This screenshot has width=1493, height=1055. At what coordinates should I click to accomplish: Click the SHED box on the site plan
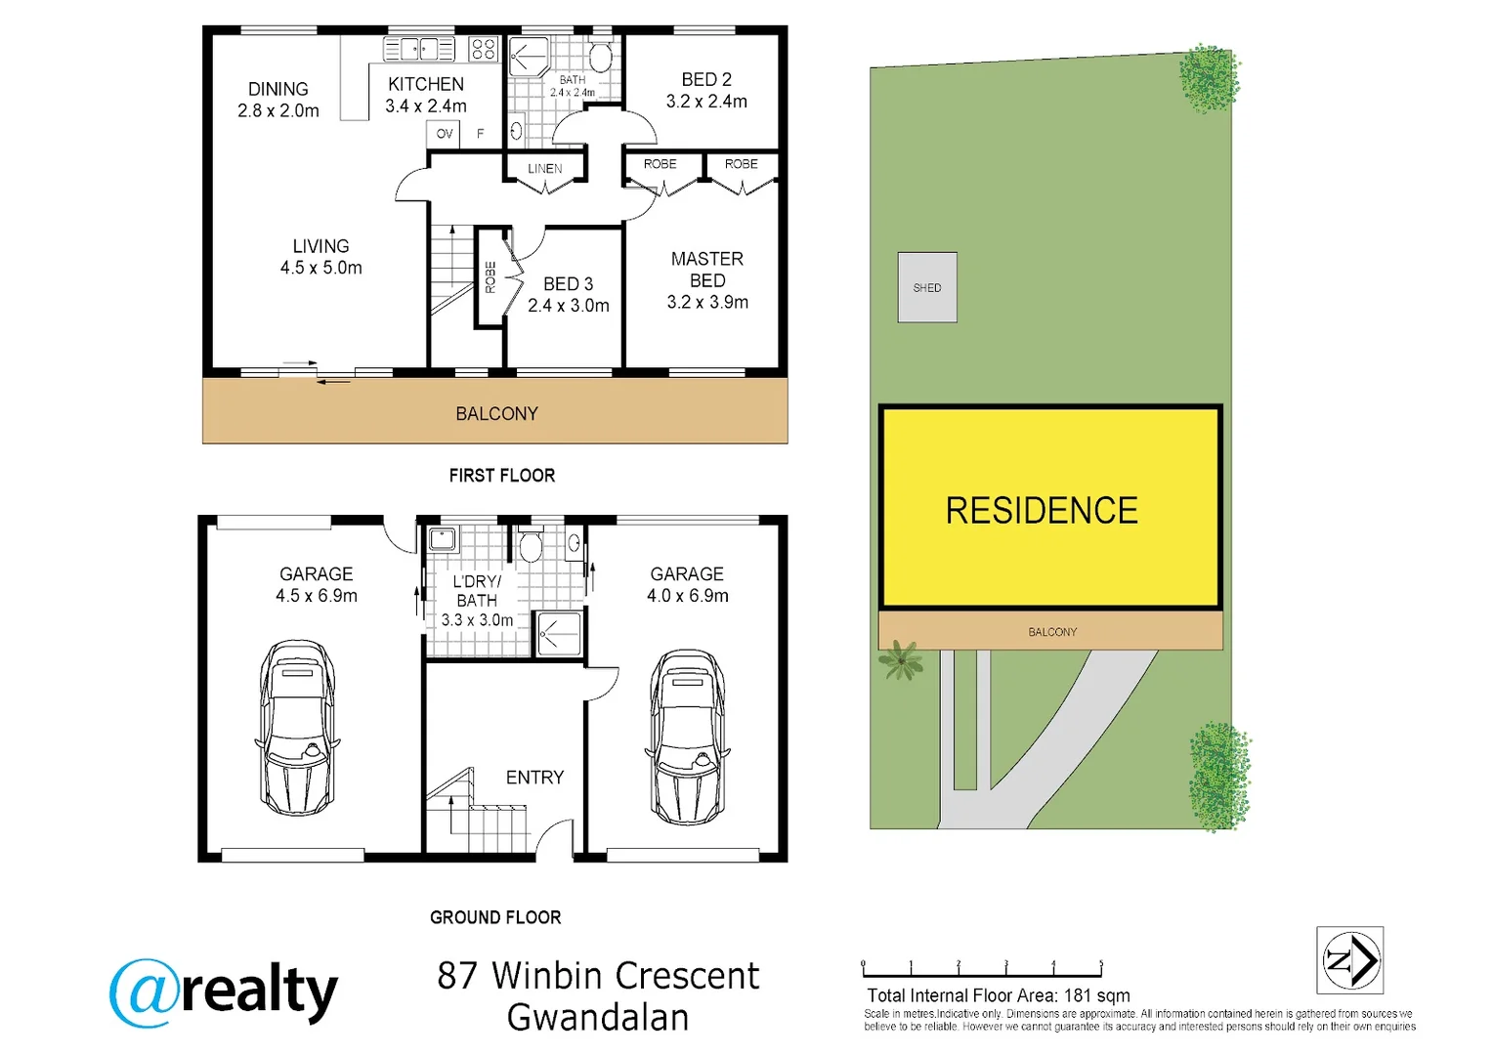(x=927, y=287)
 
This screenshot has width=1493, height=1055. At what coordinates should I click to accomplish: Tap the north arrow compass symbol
(x=1349, y=960)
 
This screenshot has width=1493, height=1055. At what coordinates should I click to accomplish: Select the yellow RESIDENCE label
(x=1042, y=510)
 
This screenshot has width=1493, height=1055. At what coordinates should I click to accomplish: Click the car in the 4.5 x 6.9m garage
(x=297, y=728)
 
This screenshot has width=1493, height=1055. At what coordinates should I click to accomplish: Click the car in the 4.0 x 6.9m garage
(x=687, y=738)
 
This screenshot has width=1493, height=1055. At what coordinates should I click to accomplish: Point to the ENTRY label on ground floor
(x=534, y=778)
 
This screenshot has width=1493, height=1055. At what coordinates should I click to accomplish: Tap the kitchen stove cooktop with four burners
(x=483, y=49)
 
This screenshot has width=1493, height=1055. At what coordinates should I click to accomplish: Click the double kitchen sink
(x=419, y=49)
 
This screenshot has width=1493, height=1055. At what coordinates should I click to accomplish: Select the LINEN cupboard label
(x=544, y=169)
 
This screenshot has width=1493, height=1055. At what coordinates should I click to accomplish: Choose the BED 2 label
(x=705, y=80)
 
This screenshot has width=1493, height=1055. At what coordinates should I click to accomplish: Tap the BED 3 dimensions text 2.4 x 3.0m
(x=568, y=306)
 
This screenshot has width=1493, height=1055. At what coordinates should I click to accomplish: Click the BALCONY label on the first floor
(x=496, y=414)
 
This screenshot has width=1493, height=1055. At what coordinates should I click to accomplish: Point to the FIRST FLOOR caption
(x=501, y=476)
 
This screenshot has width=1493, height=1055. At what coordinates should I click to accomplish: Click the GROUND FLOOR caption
(x=495, y=917)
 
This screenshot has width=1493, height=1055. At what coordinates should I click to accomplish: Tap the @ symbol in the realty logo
(x=144, y=992)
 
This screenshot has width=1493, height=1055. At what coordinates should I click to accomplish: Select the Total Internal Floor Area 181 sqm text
(x=998, y=995)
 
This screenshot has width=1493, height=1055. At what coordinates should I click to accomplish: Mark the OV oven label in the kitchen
(x=445, y=134)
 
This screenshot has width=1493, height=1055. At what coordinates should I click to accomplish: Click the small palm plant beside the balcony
(x=900, y=661)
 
